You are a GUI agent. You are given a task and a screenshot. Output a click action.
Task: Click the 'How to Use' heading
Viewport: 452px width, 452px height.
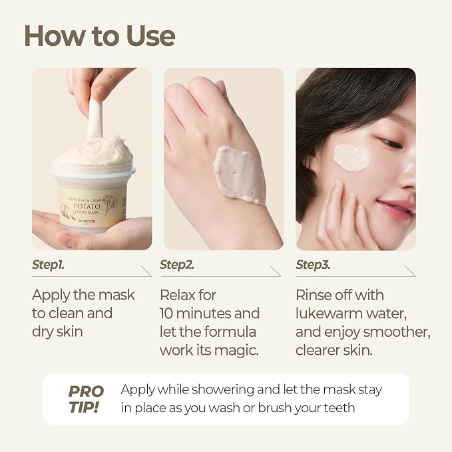click(x=100, y=36)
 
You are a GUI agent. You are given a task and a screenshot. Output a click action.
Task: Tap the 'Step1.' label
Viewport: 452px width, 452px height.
click(x=48, y=265)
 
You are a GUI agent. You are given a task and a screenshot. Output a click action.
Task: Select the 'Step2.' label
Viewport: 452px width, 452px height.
click(x=177, y=265)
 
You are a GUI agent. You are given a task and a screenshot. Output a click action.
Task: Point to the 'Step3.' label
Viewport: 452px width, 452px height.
click(x=313, y=265)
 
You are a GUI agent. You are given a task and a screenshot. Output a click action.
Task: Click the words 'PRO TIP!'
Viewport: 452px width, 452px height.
click(x=86, y=399)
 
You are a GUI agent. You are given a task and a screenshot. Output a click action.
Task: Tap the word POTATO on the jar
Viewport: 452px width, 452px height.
click(x=87, y=206)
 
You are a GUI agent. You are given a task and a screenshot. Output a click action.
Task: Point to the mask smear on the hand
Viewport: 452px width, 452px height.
click(x=240, y=174)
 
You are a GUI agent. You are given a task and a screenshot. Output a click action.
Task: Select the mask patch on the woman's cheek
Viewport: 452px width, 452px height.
click(x=351, y=157)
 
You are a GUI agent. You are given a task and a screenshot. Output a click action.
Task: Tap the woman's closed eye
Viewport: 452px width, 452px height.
click(x=389, y=142)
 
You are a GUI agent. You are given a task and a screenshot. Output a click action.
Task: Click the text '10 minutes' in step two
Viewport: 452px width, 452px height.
click(x=196, y=314)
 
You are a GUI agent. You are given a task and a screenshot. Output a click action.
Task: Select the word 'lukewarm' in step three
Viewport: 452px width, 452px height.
click(x=329, y=314)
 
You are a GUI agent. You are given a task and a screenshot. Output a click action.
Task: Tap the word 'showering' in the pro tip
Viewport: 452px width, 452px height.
click(x=223, y=389)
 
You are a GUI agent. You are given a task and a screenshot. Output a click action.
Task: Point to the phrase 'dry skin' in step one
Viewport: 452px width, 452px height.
click(x=57, y=332)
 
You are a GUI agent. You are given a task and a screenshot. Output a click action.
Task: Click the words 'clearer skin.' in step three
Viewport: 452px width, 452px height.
click(x=334, y=350)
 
